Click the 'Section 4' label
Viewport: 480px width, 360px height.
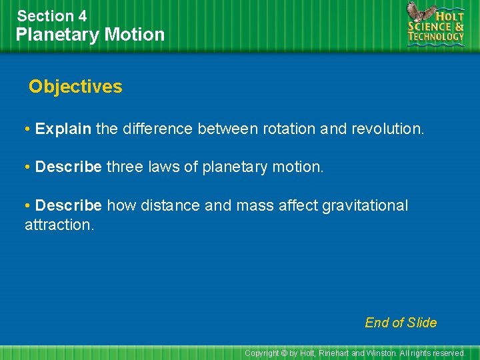[x=52, y=15]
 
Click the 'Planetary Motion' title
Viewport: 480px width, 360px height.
[x=90, y=34]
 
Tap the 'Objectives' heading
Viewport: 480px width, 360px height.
[x=75, y=87]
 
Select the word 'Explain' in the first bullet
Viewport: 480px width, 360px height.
[x=63, y=129]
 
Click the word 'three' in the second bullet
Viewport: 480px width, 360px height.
[x=125, y=167]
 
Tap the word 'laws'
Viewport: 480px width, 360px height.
[x=164, y=167]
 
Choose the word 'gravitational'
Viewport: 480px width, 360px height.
[x=365, y=205]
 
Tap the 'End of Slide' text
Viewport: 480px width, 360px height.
[x=401, y=323]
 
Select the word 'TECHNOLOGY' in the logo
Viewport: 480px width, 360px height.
[x=437, y=37]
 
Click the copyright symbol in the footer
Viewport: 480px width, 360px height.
[x=284, y=353]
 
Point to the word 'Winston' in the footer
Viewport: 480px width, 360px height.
[x=383, y=353]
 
